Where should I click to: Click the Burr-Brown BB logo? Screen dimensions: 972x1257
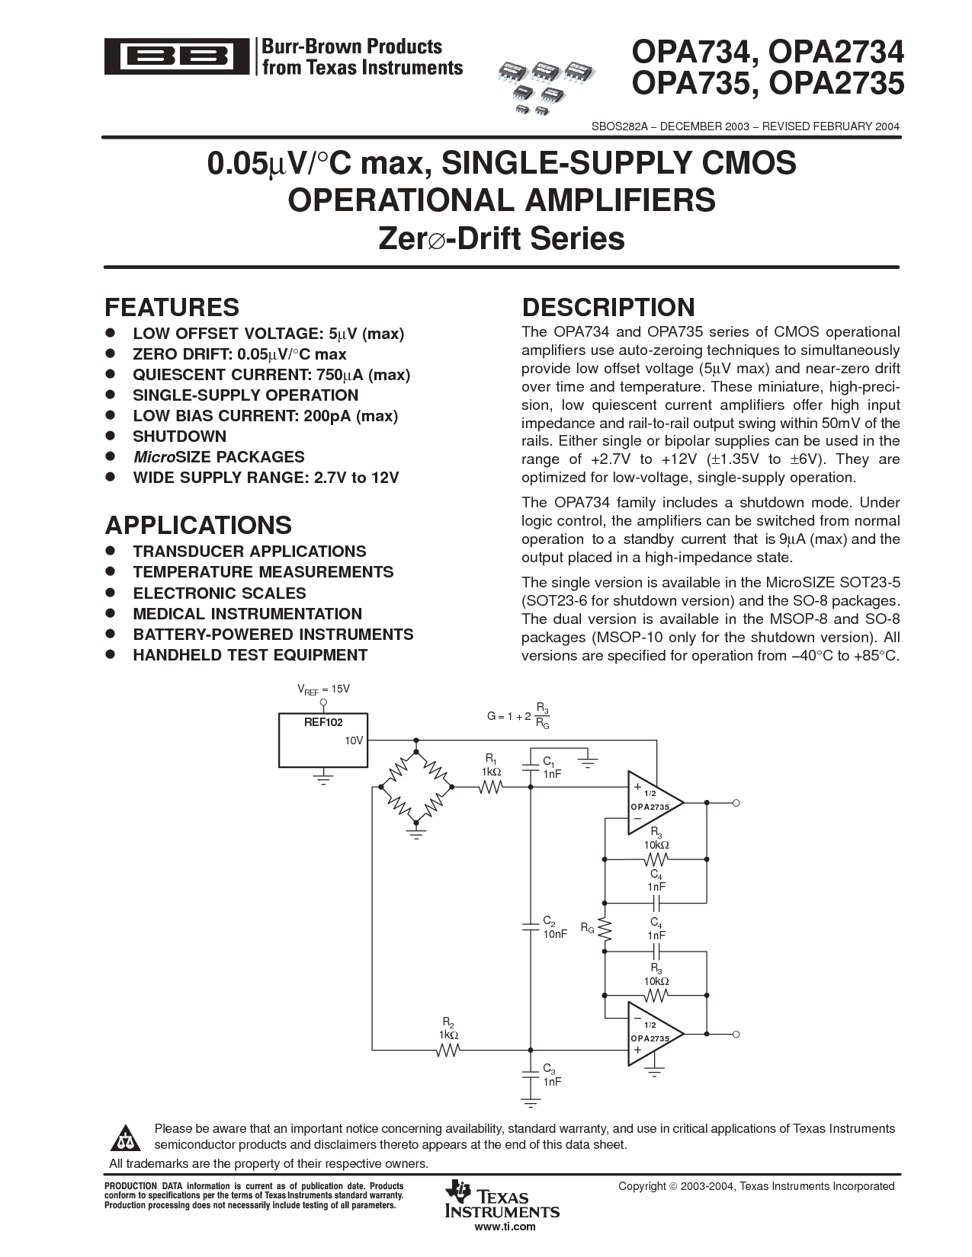(x=177, y=56)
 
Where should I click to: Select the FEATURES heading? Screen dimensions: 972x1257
(x=172, y=307)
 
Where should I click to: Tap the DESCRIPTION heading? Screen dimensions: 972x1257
(x=608, y=307)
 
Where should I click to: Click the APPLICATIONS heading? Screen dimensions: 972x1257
(x=198, y=525)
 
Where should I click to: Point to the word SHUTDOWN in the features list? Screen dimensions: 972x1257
(x=179, y=437)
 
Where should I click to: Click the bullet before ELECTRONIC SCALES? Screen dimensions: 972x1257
(x=111, y=593)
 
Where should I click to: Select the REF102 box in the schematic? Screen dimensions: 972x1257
(x=323, y=740)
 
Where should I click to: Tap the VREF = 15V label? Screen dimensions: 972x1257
(x=323, y=689)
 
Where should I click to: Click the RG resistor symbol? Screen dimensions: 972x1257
(x=605, y=929)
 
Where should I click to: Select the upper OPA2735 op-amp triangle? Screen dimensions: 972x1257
(x=656, y=803)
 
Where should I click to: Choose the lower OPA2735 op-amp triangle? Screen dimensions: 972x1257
(x=656, y=1034)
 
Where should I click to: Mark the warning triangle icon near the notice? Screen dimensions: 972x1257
(x=125, y=1138)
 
